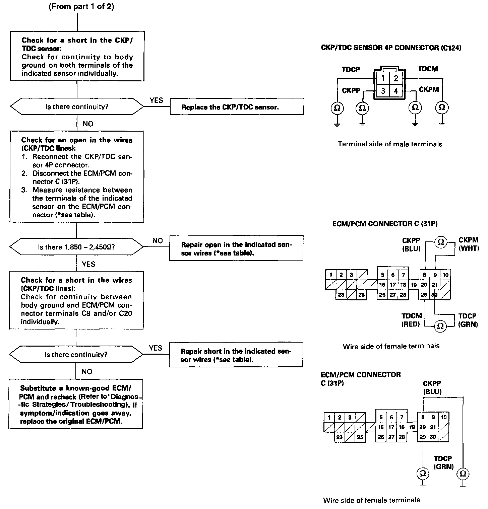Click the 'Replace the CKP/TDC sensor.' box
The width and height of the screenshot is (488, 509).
pyautogui.click(x=237, y=107)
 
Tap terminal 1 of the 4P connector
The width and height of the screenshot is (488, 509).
pyautogui.click(x=382, y=79)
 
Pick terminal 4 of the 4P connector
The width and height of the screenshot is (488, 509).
pyautogui.click(x=396, y=91)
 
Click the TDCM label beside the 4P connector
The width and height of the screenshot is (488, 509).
pyautogui.click(x=428, y=69)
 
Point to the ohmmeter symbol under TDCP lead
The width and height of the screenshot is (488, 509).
pyautogui.click(x=337, y=108)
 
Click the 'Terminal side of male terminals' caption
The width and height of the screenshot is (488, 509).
pyautogui.click(x=390, y=144)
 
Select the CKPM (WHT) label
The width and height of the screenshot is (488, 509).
pyautogui.click(x=468, y=244)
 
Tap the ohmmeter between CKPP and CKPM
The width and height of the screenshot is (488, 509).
pyautogui.click(x=441, y=242)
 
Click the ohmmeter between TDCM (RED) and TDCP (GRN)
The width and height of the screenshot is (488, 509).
pyautogui.click(x=440, y=326)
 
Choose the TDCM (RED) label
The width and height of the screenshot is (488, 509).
pyautogui.click(x=412, y=320)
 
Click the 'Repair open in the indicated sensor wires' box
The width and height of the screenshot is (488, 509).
pyautogui.click(x=236, y=248)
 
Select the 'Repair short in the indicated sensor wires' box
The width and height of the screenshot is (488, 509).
pyautogui.click(x=236, y=355)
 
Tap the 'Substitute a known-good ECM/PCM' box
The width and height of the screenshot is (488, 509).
pyautogui.click(x=76, y=405)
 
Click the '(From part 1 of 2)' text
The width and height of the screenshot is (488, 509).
pyautogui.click(x=81, y=7)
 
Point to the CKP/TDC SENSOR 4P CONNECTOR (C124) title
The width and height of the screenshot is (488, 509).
pyautogui.click(x=391, y=48)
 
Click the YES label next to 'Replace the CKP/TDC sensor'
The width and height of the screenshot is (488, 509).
pyautogui.click(x=156, y=100)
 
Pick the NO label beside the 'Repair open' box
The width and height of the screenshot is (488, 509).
pyautogui.click(x=158, y=240)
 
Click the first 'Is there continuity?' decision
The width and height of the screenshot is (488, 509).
pyautogui.click(x=77, y=107)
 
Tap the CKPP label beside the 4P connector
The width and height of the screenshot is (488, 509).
pyautogui.click(x=351, y=90)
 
